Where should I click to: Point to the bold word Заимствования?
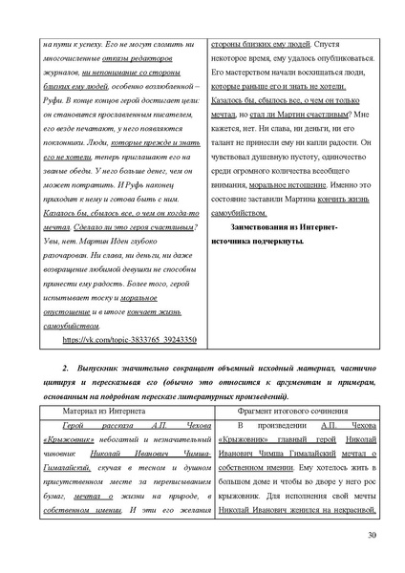click(x=272, y=226)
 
